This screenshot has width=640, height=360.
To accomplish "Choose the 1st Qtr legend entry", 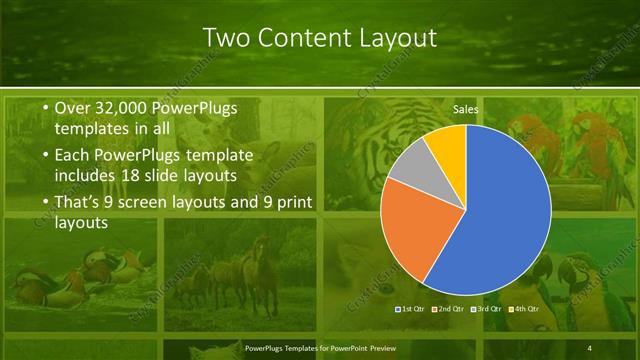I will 412,309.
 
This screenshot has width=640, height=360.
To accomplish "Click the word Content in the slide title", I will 301,38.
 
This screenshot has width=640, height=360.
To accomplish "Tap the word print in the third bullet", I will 291,203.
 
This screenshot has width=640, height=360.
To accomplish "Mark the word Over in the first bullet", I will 74,108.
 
